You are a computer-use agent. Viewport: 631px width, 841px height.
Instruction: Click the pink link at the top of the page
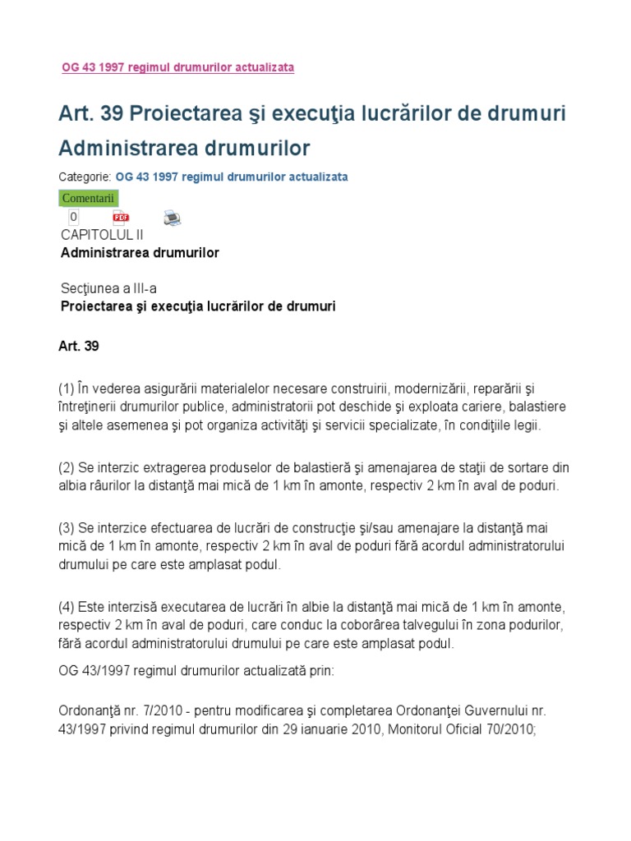click(177, 67)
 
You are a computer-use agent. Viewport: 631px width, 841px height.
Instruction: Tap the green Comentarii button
click(89, 198)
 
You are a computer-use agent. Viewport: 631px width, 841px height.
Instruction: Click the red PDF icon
click(121, 217)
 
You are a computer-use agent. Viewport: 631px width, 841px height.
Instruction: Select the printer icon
click(172, 218)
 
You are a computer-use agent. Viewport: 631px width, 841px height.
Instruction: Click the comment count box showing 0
click(73, 217)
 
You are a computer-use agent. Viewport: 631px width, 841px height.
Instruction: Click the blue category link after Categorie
click(232, 177)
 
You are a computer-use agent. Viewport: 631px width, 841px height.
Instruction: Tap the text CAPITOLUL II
click(102, 235)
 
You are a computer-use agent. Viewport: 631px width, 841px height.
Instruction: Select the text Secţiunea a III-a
click(108, 288)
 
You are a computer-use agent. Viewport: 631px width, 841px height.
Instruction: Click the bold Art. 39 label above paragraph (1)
click(79, 347)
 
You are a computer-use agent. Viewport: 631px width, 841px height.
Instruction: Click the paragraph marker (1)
click(67, 388)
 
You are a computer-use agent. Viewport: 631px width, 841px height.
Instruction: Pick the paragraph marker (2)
click(67, 467)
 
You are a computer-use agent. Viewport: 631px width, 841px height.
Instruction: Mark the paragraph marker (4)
click(67, 608)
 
